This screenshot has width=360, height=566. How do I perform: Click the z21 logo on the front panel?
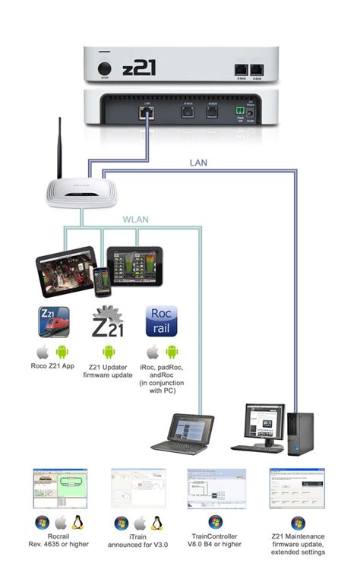coord(142,68)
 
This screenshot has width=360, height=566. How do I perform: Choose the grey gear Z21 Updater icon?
coord(107,321)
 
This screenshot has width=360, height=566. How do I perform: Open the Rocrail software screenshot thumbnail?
coord(60,488)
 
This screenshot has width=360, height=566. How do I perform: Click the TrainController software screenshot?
coord(216,488)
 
